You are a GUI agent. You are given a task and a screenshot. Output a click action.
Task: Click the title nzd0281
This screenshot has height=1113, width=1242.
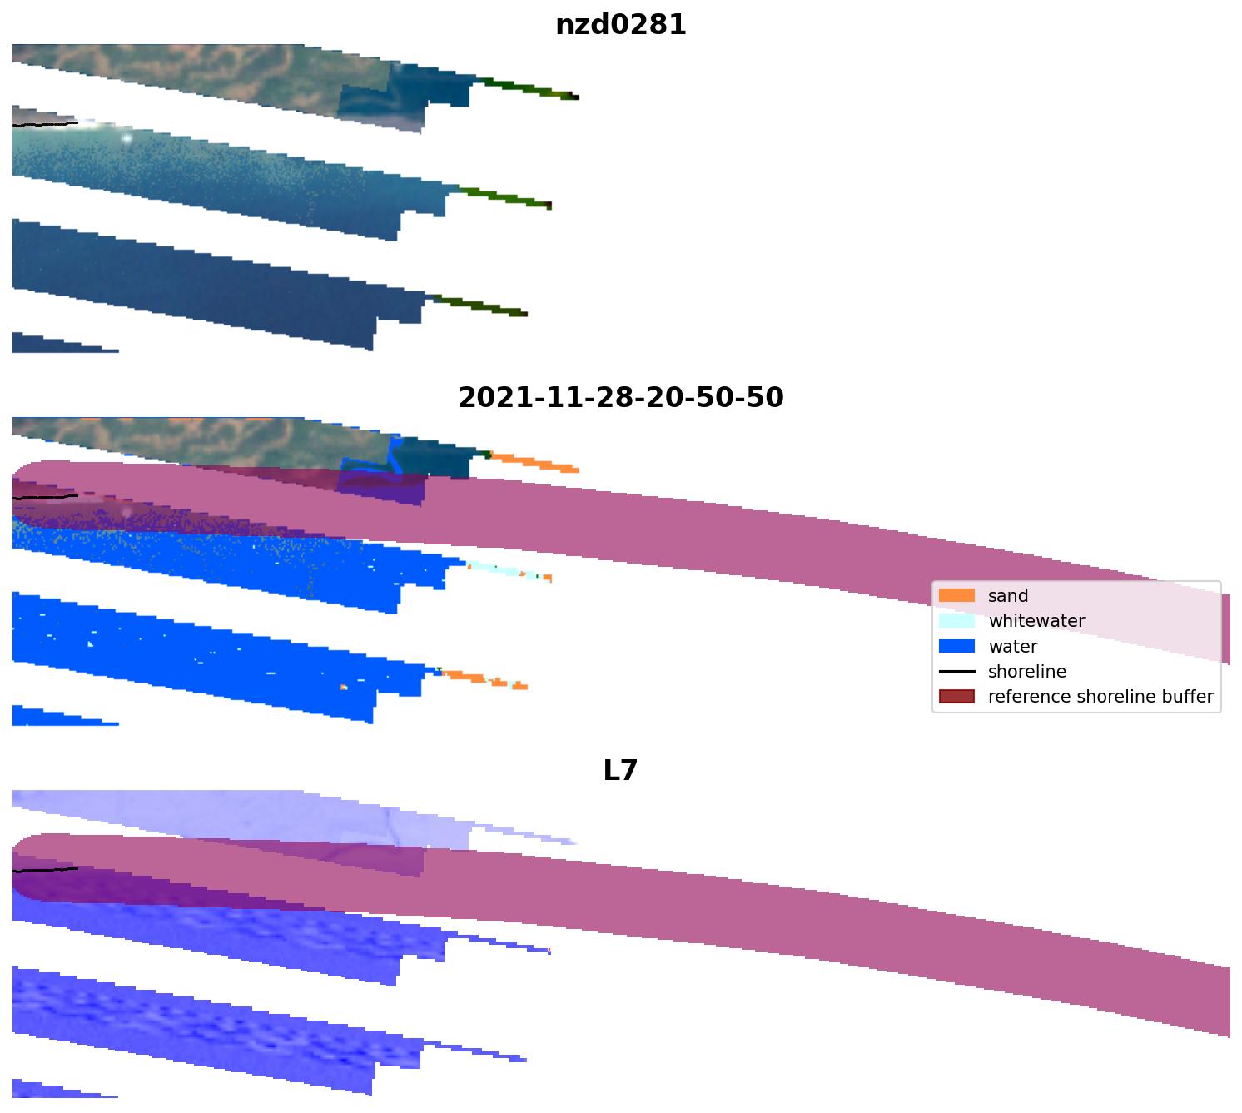621,25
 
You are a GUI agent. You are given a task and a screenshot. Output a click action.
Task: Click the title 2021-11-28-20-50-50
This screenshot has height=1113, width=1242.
621,398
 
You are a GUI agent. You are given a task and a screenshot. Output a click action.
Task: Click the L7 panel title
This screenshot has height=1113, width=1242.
620,771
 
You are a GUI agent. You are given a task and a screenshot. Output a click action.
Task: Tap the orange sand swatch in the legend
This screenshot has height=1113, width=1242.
956,596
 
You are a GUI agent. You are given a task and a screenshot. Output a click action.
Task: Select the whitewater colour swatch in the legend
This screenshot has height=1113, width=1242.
956,621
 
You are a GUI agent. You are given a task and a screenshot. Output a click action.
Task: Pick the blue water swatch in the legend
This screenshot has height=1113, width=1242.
956,647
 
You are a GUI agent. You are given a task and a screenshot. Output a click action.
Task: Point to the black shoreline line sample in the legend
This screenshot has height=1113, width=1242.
956,672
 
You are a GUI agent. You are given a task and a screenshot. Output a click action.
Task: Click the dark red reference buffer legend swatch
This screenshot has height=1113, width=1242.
956,697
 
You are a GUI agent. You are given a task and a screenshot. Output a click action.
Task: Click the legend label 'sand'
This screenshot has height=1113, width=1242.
1008,596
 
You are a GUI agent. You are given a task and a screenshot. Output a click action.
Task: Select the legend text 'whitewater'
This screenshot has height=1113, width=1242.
1036,621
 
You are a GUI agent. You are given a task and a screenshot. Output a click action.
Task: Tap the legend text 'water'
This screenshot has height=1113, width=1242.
1012,647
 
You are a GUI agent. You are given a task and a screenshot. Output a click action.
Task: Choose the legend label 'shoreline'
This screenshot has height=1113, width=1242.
1026,672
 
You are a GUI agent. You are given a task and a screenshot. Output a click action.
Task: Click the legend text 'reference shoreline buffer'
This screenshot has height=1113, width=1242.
1100,697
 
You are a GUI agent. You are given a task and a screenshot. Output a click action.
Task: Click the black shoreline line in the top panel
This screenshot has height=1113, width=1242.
46,124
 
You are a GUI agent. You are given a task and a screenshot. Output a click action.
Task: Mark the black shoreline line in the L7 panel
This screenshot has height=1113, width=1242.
46,870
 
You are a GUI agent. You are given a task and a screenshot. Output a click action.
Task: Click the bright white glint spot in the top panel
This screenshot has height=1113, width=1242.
127,138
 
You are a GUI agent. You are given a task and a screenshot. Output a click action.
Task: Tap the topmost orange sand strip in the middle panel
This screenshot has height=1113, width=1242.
533,462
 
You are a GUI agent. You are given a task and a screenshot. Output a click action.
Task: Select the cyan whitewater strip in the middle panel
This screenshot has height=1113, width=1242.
504,570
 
